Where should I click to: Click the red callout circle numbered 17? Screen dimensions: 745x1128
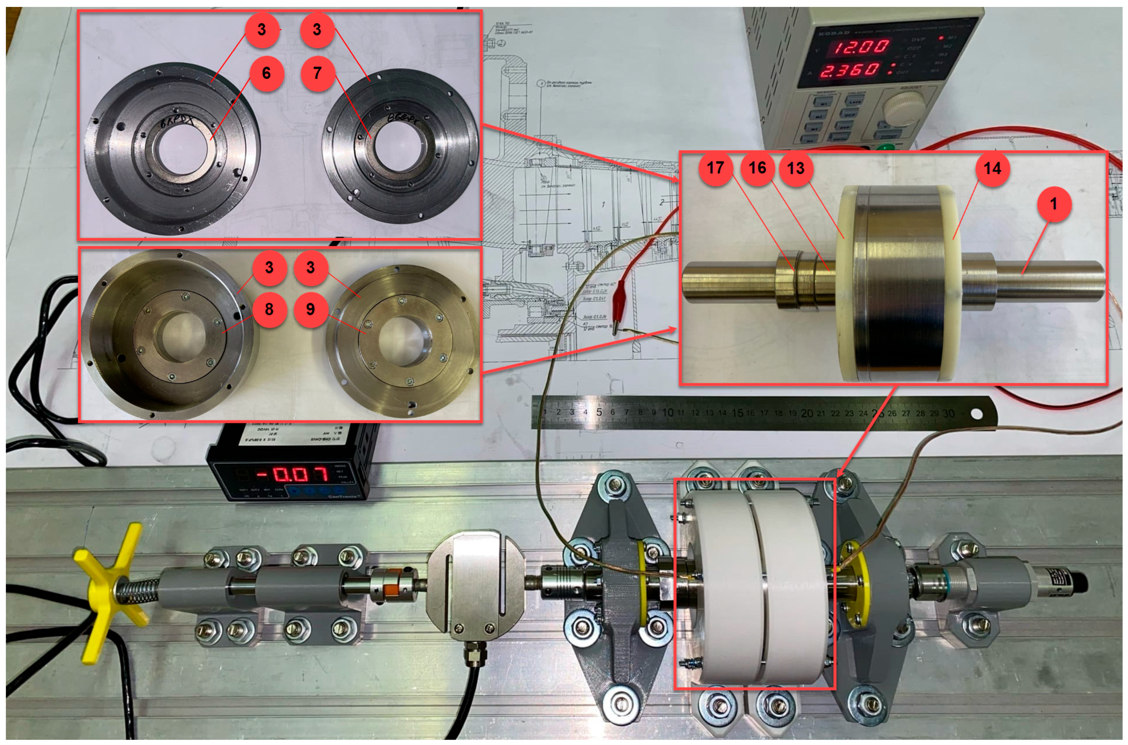(715, 168)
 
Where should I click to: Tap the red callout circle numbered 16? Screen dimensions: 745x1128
(757, 168)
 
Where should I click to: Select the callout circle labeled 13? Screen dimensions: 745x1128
(796, 168)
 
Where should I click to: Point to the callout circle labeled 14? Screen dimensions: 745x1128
(992, 169)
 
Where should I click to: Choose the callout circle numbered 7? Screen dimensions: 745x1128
(317, 74)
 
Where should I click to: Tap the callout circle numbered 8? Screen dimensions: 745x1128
(269, 310)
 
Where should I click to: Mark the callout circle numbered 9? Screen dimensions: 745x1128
(311, 310)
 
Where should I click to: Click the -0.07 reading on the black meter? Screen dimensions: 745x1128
(293, 474)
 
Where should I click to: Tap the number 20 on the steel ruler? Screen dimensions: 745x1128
(807, 413)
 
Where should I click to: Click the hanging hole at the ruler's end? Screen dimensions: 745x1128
(976, 414)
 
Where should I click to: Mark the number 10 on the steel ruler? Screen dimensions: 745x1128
(667, 412)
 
